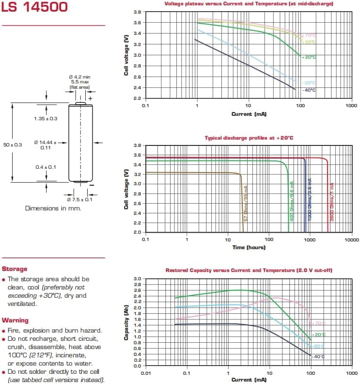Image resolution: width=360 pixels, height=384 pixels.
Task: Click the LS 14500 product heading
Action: point(34,7)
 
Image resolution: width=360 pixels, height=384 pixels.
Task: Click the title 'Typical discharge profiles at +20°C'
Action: point(249,138)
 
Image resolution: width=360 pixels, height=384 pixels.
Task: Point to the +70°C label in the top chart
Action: point(309,35)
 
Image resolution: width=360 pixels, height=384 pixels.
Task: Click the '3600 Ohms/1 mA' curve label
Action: point(332,201)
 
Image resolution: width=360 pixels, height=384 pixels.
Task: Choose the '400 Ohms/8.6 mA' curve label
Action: point(292,202)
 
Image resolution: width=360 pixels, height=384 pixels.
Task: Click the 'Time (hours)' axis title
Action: point(249,247)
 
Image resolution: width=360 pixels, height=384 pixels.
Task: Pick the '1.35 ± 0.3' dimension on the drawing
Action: point(46,118)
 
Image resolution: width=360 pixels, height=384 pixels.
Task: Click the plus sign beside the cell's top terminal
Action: point(90,98)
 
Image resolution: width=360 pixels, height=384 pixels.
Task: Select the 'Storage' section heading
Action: point(15,269)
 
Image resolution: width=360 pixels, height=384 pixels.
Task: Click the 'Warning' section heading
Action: point(15,320)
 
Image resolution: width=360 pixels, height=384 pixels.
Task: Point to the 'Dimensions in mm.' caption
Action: point(53,208)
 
